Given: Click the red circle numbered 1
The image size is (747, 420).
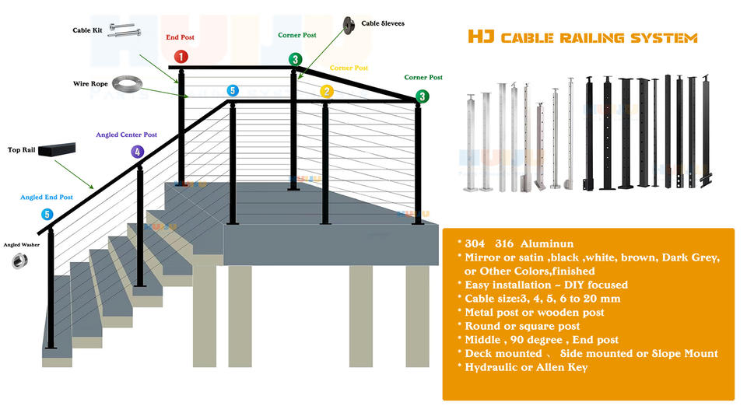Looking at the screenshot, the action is [x=181, y=57].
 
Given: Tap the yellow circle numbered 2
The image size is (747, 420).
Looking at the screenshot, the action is [x=327, y=92].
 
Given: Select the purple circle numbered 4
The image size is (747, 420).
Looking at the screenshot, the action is [x=138, y=152].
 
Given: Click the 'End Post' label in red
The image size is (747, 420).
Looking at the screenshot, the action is [x=180, y=37].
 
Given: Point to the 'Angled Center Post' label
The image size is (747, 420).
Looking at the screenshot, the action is [x=126, y=135].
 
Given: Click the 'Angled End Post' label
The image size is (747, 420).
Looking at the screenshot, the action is [x=47, y=198].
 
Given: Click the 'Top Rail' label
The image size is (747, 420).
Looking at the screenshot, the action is [x=23, y=149].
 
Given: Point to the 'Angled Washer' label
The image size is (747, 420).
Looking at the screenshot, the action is [x=21, y=245].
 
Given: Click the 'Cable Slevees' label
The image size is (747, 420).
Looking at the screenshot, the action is [x=382, y=23].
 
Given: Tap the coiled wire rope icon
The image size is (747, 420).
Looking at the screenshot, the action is [x=125, y=82].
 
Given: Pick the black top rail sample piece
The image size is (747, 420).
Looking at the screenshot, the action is [x=60, y=149].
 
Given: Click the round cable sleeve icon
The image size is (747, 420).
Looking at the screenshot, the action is [x=348, y=23].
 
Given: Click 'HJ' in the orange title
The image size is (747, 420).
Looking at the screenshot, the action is [x=479, y=37].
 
